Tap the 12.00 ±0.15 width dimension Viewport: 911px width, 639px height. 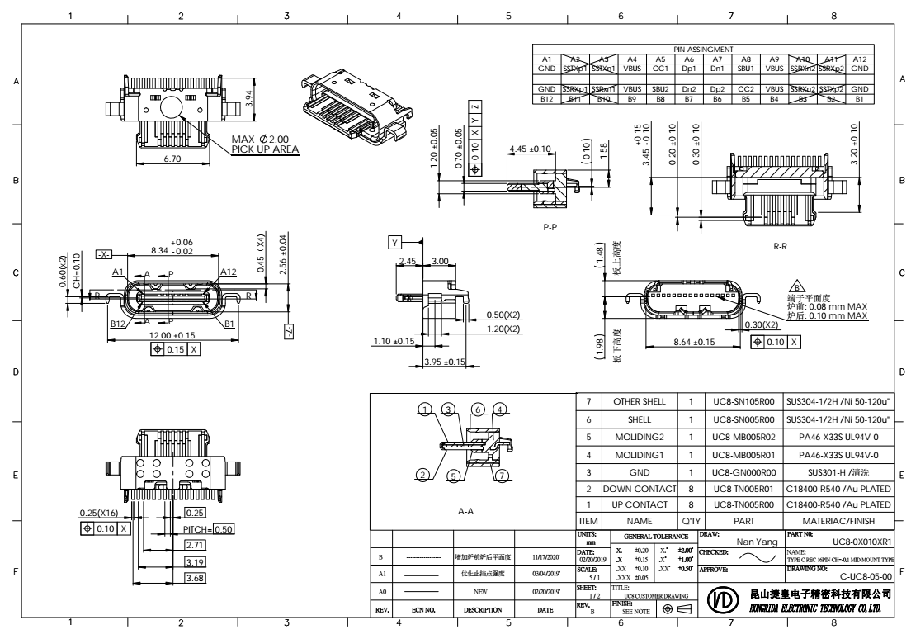(172, 336)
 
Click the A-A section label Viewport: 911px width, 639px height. (465, 512)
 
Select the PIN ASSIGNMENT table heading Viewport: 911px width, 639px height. (702, 50)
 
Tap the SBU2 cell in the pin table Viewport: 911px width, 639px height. (660, 88)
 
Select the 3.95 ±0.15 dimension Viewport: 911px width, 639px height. (445, 362)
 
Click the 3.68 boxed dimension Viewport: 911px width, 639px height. (196, 580)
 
